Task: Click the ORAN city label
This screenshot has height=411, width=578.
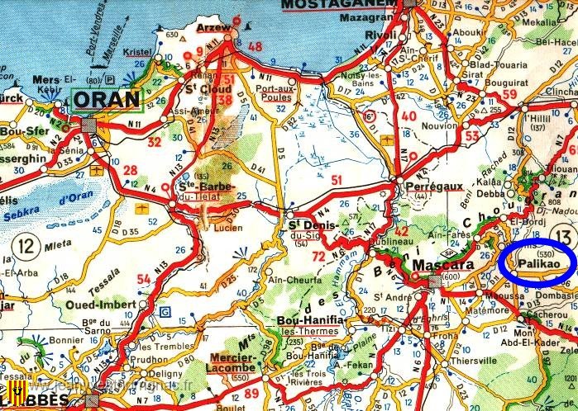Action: pos(107,101)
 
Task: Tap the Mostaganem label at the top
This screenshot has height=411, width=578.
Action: pos(336,7)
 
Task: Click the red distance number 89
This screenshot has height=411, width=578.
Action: pos(252,394)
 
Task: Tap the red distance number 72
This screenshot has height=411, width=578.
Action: pos(318,257)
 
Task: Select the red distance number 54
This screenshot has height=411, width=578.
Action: pos(144,280)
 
